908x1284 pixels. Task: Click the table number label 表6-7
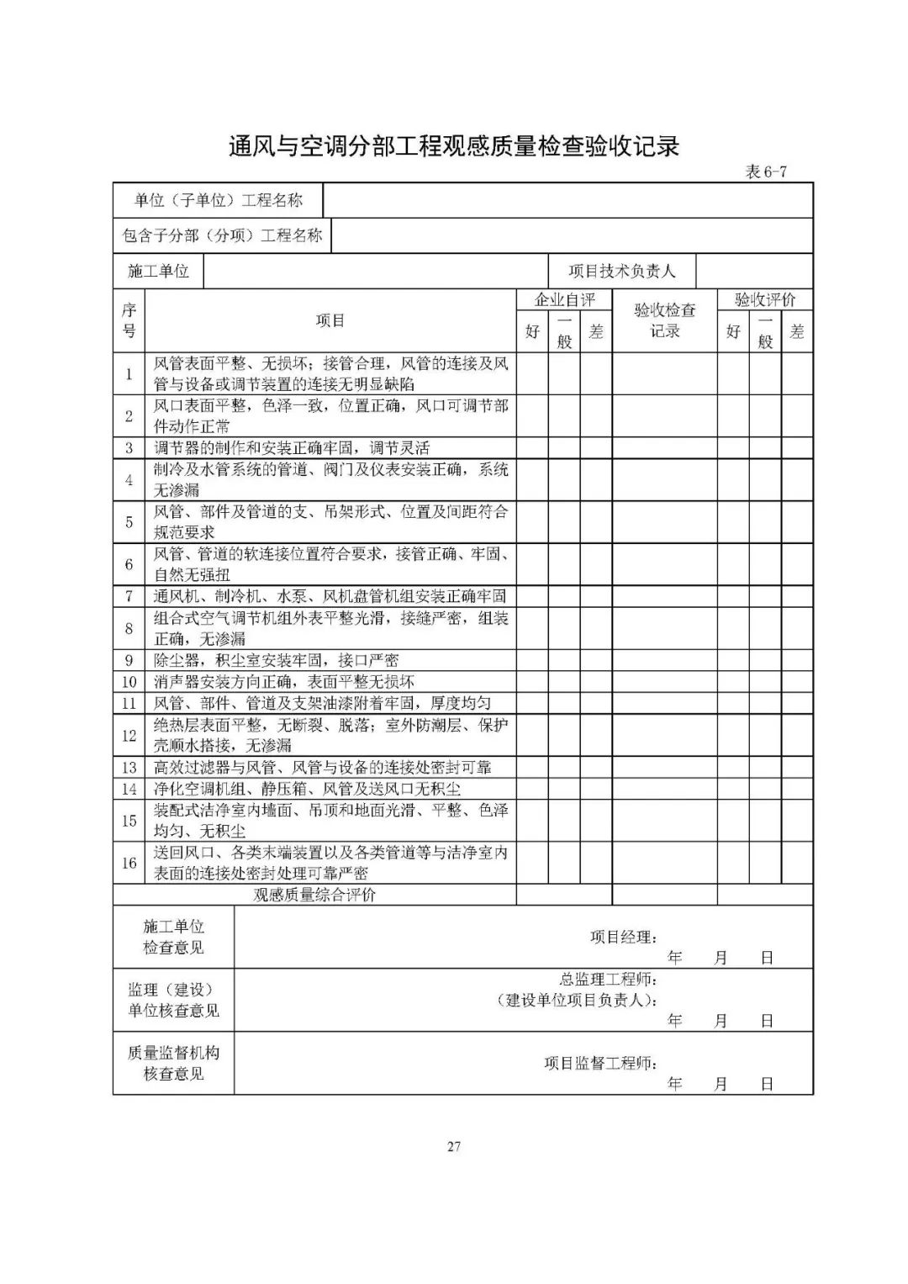(766, 172)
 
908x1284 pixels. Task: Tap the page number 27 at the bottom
(454, 1146)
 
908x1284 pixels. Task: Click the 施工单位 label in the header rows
(158, 271)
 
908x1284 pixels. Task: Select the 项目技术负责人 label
(621, 271)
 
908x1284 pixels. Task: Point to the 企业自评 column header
(564, 299)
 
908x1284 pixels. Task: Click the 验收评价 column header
(764, 299)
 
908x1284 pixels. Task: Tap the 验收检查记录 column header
(664, 320)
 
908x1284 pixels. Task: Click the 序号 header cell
(129, 320)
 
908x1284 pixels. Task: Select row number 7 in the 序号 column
(129, 596)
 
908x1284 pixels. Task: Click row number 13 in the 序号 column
(129, 767)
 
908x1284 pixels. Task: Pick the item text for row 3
(292, 448)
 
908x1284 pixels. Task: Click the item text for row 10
(284, 681)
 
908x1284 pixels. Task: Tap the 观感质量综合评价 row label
(314, 895)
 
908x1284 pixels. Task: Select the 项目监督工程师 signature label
(600, 1064)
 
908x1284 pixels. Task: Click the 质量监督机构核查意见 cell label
(173, 1063)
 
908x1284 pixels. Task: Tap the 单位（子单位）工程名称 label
(218, 200)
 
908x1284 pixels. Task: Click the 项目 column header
(330, 320)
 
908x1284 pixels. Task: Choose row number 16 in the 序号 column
(129, 863)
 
